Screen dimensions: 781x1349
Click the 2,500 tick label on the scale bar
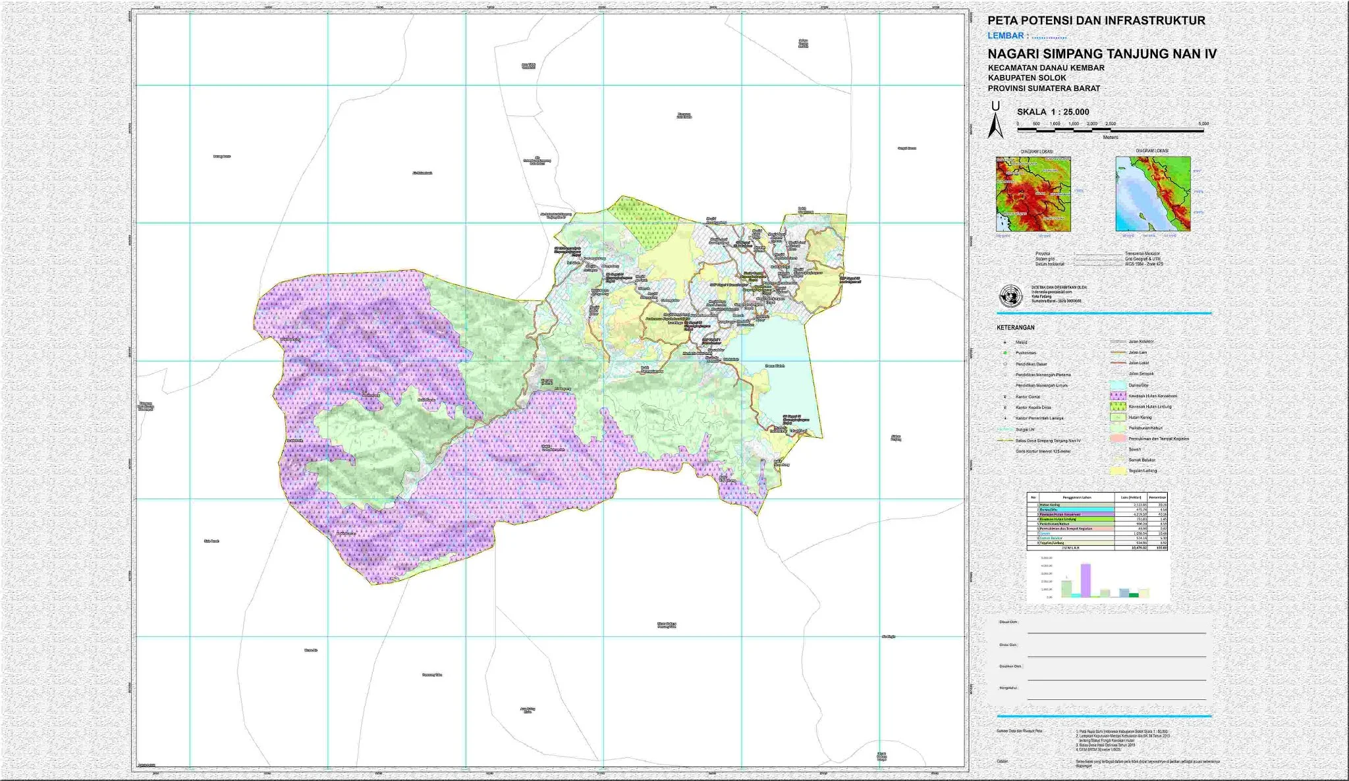pyautogui.click(x=1111, y=124)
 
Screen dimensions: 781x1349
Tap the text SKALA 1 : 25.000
pyautogui.click(x=1053, y=112)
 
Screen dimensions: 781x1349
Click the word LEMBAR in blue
pyautogui.click(x=1005, y=36)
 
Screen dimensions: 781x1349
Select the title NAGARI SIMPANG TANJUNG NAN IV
pyautogui.click(x=1102, y=54)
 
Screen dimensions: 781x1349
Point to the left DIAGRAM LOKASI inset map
pyautogui.click(x=1033, y=194)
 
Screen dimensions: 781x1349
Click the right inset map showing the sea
pyautogui.click(x=1153, y=194)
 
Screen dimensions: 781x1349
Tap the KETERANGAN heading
pyautogui.click(x=1015, y=327)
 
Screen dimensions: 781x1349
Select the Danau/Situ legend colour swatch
pyautogui.click(x=1118, y=385)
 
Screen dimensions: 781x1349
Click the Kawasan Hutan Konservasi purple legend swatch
pyautogui.click(x=1118, y=396)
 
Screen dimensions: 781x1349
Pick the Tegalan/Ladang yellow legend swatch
pyautogui.click(x=1118, y=471)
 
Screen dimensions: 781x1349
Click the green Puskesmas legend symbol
pyautogui.click(x=1005, y=353)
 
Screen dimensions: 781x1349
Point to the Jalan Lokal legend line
pyautogui.click(x=1118, y=363)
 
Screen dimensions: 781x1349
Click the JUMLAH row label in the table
pyautogui.click(x=1070, y=547)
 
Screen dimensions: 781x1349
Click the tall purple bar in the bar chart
pyautogui.click(x=1085, y=579)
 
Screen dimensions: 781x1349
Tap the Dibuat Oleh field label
pyautogui.click(x=1008, y=622)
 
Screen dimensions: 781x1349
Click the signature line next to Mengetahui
pyautogui.click(x=1116, y=699)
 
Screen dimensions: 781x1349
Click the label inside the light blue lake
pyautogui.click(x=775, y=365)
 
